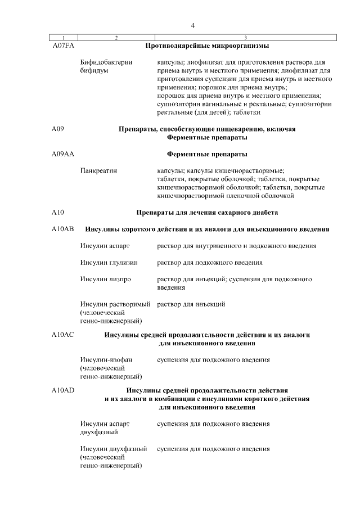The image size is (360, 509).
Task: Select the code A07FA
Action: [x=62, y=45]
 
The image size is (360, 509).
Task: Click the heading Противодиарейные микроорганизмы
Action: [x=207, y=45]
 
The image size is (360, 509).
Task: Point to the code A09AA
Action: [x=62, y=154]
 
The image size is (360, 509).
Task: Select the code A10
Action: [x=57, y=213]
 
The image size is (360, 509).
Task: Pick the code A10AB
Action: [x=62, y=229]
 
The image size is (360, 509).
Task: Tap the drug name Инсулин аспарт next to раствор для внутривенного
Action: [x=105, y=246]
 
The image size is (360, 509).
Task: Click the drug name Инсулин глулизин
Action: [x=109, y=263]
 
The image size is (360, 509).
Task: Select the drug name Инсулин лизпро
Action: [x=106, y=279]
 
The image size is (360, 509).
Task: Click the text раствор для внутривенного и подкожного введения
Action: [x=236, y=246]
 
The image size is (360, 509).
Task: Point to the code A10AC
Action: [x=62, y=335]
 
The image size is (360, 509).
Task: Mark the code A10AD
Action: [x=62, y=390]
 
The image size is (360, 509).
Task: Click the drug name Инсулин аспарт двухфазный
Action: [x=105, y=428]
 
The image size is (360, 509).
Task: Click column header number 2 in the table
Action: [x=116, y=38]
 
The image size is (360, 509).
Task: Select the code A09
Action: [x=57, y=129]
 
